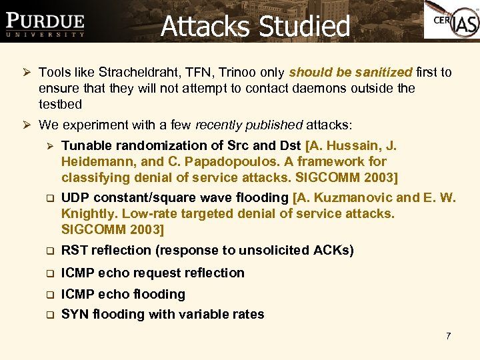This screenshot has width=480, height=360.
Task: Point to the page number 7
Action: tap(448, 336)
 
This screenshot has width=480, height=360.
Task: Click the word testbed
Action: tap(61, 104)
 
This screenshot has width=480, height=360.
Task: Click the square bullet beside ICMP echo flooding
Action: tap(49, 295)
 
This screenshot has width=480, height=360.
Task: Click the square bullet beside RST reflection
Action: tap(49, 251)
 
